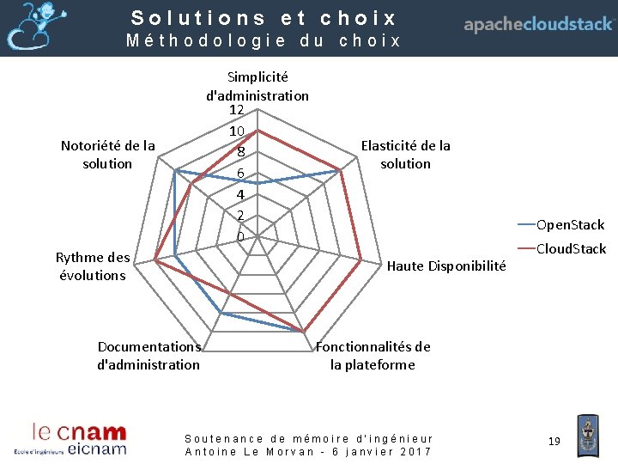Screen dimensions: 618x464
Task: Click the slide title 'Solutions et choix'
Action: tap(264, 18)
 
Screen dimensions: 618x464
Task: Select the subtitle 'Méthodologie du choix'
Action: tap(264, 40)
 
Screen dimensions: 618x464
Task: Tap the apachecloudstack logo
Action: tap(539, 25)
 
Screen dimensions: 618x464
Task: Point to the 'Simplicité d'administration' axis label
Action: tap(257, 86)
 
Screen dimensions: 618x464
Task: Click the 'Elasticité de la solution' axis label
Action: tap(406, 155)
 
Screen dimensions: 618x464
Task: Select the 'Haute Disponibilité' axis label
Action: tap(446, 266)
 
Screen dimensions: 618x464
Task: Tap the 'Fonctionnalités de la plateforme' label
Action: tap(373, 356)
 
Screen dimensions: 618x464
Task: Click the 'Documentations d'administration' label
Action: tap(148, 356)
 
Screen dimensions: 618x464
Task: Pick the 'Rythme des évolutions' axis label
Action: tap(93, 266)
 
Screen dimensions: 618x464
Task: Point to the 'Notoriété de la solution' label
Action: tap(108, 155)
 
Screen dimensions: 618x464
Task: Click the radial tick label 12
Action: tap(238, 111)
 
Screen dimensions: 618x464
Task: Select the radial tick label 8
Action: tap(241, 153)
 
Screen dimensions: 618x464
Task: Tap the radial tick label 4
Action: tap(240, 195)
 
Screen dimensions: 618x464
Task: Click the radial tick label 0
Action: tap(240, 236)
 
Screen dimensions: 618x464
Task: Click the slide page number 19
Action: tap(554, 441)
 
